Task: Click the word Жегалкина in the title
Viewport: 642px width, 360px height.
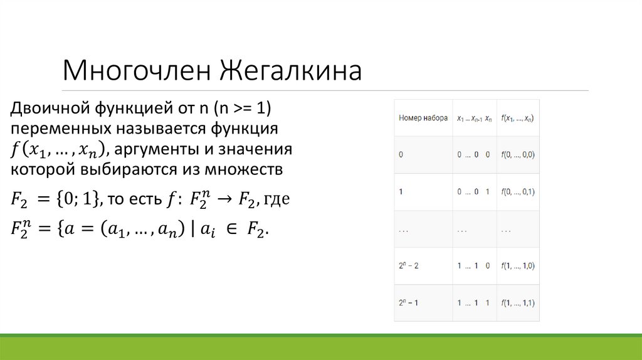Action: coord(290,71)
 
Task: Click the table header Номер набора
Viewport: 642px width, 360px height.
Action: coord(423,118)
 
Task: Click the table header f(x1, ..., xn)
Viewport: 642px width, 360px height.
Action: coord(517,118)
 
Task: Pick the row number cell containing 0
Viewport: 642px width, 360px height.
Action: coord(401,154)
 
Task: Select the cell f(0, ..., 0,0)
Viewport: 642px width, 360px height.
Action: coord(518,154)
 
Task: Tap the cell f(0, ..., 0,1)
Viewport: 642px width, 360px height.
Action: coord(518,191)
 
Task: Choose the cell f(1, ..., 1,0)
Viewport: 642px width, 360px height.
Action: coord(518,265)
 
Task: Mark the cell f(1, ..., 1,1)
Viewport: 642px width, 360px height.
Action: coord(518,302)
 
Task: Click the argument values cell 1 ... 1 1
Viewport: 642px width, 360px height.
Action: coord(473,302)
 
